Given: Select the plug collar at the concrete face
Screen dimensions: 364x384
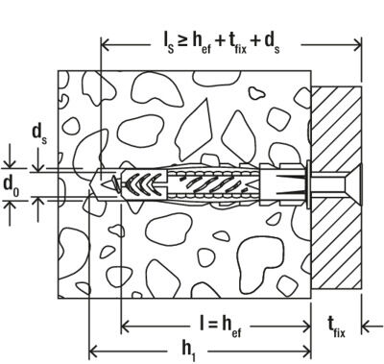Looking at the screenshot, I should click(272, 182).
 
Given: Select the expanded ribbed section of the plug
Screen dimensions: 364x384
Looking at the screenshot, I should click(192, 181).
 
